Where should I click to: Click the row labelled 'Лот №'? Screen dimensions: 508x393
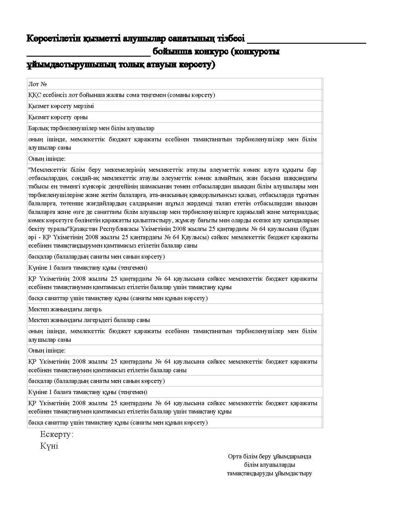(174, 84)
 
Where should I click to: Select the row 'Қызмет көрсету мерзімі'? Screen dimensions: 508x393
(174, 106)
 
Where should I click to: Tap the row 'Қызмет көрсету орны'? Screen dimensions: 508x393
(174, 117)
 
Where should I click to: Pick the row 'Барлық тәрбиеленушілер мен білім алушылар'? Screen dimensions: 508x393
(174, 128)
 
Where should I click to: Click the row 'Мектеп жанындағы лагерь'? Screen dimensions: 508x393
(174, 309)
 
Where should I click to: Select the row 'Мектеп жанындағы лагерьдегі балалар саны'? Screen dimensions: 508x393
(174, 320)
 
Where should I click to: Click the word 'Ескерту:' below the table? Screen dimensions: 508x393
(57, 434)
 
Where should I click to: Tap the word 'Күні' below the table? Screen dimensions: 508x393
(49, 446)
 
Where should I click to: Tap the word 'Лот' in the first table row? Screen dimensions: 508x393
(33, 84)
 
